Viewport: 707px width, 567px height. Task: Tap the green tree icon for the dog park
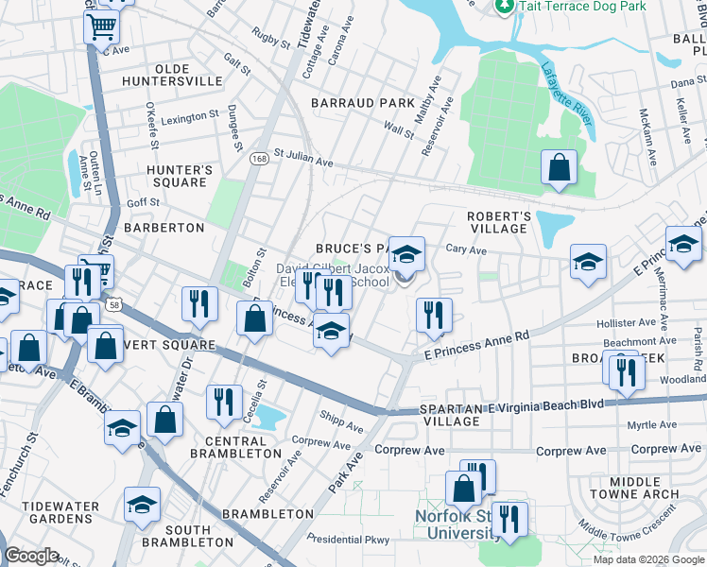pos(505,6)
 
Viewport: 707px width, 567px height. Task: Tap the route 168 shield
pos(257,161)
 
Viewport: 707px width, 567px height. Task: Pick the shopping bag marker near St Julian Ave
pos(560,166)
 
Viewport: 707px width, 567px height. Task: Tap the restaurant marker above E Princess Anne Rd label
pos(434,314)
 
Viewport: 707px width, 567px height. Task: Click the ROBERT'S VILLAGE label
pos(498,223)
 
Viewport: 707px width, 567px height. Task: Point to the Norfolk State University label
pos(460,524)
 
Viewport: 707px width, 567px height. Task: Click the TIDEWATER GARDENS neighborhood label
pos(63,513)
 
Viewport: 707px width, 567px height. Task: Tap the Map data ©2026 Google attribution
pos(647,559)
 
